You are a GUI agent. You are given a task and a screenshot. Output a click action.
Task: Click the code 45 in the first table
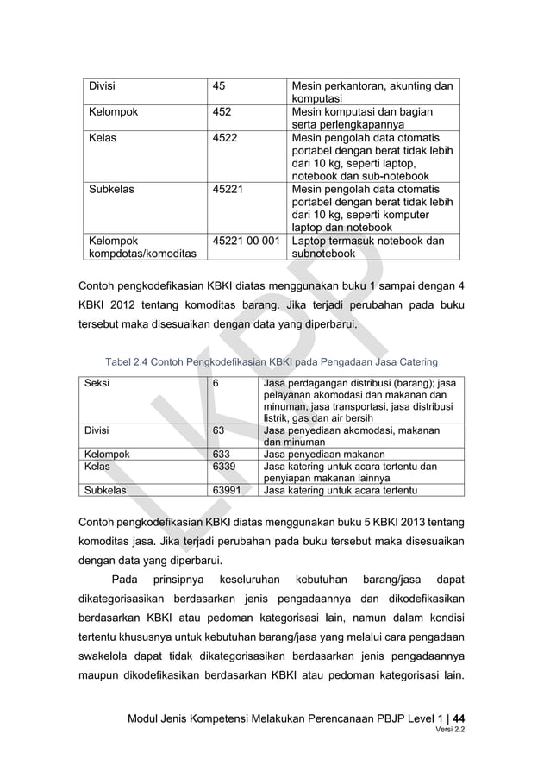tap(220, 85)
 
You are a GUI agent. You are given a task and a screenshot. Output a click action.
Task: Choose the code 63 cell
tap(219, 430)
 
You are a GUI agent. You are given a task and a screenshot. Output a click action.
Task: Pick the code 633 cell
tap(222, 454)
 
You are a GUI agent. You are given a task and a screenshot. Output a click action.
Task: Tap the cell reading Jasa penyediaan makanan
tap(323, 454)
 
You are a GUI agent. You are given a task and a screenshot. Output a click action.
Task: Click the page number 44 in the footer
tap(462, 716)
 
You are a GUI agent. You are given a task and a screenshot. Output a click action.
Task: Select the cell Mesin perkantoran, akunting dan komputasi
tap(372, 92)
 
